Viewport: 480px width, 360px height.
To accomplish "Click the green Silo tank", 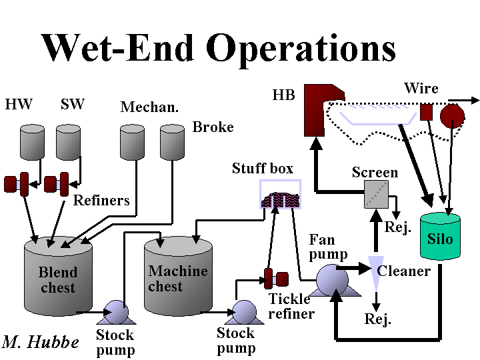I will tap(440, 236).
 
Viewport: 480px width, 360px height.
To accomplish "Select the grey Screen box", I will tap(375, 193).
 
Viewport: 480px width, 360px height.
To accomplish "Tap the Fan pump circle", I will tap(331, 279).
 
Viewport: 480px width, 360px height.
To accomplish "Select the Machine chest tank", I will tap(177, 277).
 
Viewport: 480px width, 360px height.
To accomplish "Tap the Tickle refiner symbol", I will tap(275, 278).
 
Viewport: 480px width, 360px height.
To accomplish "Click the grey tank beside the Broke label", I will tap(172, 143).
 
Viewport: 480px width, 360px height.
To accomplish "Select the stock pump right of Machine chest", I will tap(244, 311).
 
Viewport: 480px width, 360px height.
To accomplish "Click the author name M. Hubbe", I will tap(41, 342).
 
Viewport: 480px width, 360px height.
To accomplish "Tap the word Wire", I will tap(421, 88).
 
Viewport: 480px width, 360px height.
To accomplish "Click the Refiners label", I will tap(101, 200).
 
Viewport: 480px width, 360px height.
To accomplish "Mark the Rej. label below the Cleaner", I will tap(377, 319).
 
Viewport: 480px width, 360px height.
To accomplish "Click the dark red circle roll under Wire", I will tap(452, 115).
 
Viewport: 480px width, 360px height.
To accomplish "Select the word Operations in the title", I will tap(301, 49).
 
